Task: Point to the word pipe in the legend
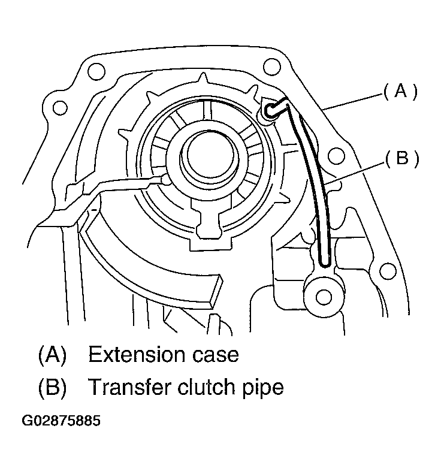click(262, 388)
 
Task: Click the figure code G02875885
click(61, 421)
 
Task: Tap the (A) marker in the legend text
click(52, 355)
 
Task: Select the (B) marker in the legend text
click(52, 387)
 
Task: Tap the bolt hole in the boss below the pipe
click(324, 295)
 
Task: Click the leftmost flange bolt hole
click(59, 108)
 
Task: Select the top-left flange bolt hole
click(93, 72)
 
